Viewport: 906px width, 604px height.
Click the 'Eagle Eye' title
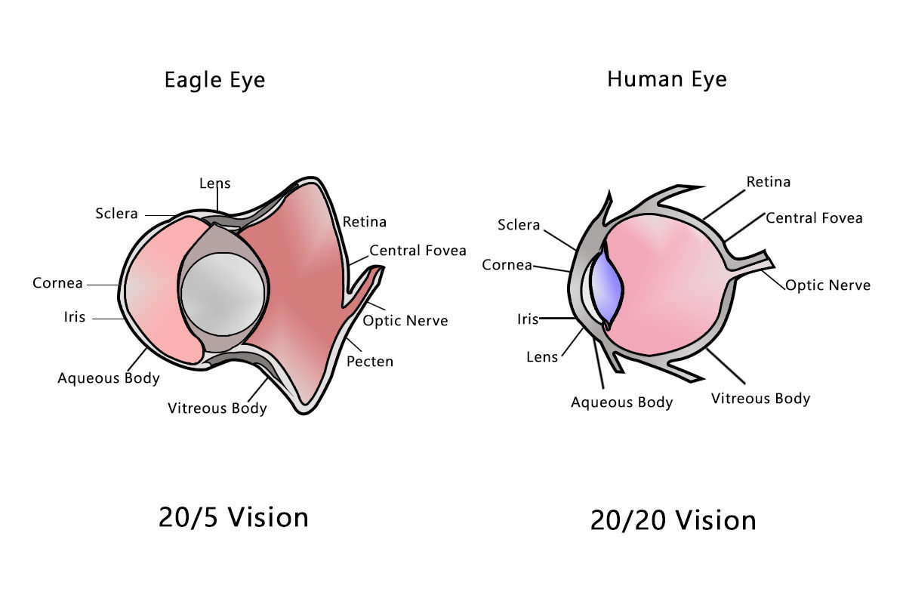click(x=214, y=80)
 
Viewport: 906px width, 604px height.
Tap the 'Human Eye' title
click(x=667, y=79)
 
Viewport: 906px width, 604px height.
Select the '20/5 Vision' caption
click(x=233, y=517)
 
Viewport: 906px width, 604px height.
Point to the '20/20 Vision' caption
click(x=673, y=520)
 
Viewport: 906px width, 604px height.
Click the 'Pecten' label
click(x=370, y=362)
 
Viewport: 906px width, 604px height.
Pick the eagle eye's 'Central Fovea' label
click(x=418, y=250)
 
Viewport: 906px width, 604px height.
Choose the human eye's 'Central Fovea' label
click(x=814, y=218)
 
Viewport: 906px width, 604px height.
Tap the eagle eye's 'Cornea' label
click(x=57, y=283)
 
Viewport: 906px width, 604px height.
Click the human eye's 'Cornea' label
click(x=507, y=265)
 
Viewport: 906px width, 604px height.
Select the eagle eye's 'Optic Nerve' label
click(x=405, y=321)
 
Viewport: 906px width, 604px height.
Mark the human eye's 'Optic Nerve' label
click(x=827, y=285)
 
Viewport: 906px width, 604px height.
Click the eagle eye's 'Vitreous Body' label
click(x=217, y=408)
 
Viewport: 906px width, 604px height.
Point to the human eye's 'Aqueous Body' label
click(x=621, y=402)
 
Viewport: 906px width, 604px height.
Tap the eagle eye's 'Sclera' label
click(x=117, y=214)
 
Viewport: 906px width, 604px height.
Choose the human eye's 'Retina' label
click(x=769, y=182)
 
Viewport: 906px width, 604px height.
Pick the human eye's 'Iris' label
click(x=528, y=319)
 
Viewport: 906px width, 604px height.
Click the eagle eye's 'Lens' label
click(x=215, y=183)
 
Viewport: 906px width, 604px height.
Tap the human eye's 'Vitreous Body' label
click(x=760, y=399)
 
